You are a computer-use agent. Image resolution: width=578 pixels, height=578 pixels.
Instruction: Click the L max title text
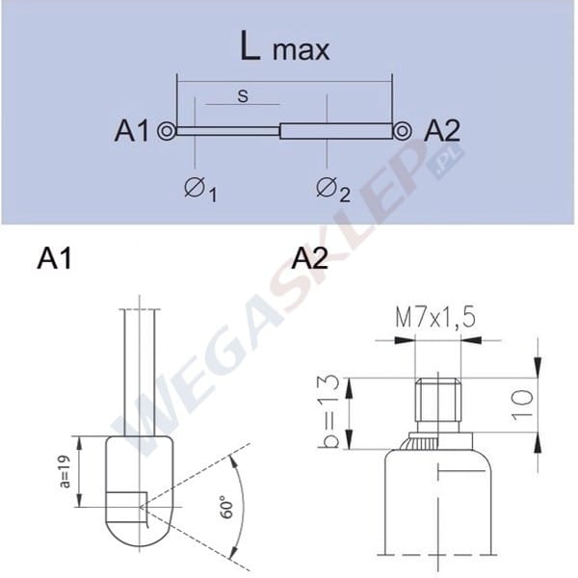point(284,46)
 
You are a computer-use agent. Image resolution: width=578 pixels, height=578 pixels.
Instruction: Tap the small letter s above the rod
point(243,95)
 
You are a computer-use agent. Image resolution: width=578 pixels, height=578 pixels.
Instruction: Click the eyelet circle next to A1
point(167,131)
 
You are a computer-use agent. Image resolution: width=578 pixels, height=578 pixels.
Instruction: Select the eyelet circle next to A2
point(402,131)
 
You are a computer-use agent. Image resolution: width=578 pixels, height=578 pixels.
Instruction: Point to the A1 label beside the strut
point(132,130)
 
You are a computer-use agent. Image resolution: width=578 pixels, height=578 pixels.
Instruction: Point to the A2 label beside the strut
point(442,130)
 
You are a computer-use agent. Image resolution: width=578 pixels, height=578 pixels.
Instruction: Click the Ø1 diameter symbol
point(200,189)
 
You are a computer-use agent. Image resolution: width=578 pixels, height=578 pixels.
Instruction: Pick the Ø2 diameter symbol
point(333,189)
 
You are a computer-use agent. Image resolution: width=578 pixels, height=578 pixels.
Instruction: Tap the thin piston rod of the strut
point(227,131)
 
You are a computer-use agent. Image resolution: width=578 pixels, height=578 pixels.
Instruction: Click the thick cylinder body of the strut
point(336,131)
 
